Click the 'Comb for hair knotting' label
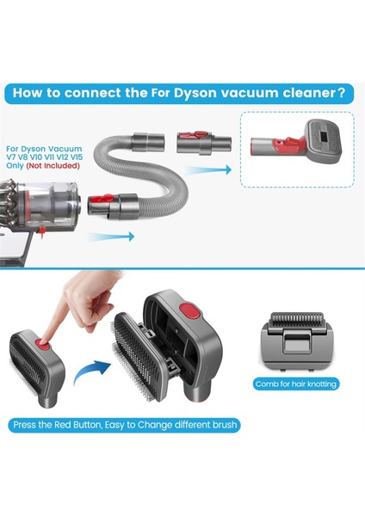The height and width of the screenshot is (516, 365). [x=295, y=384]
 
